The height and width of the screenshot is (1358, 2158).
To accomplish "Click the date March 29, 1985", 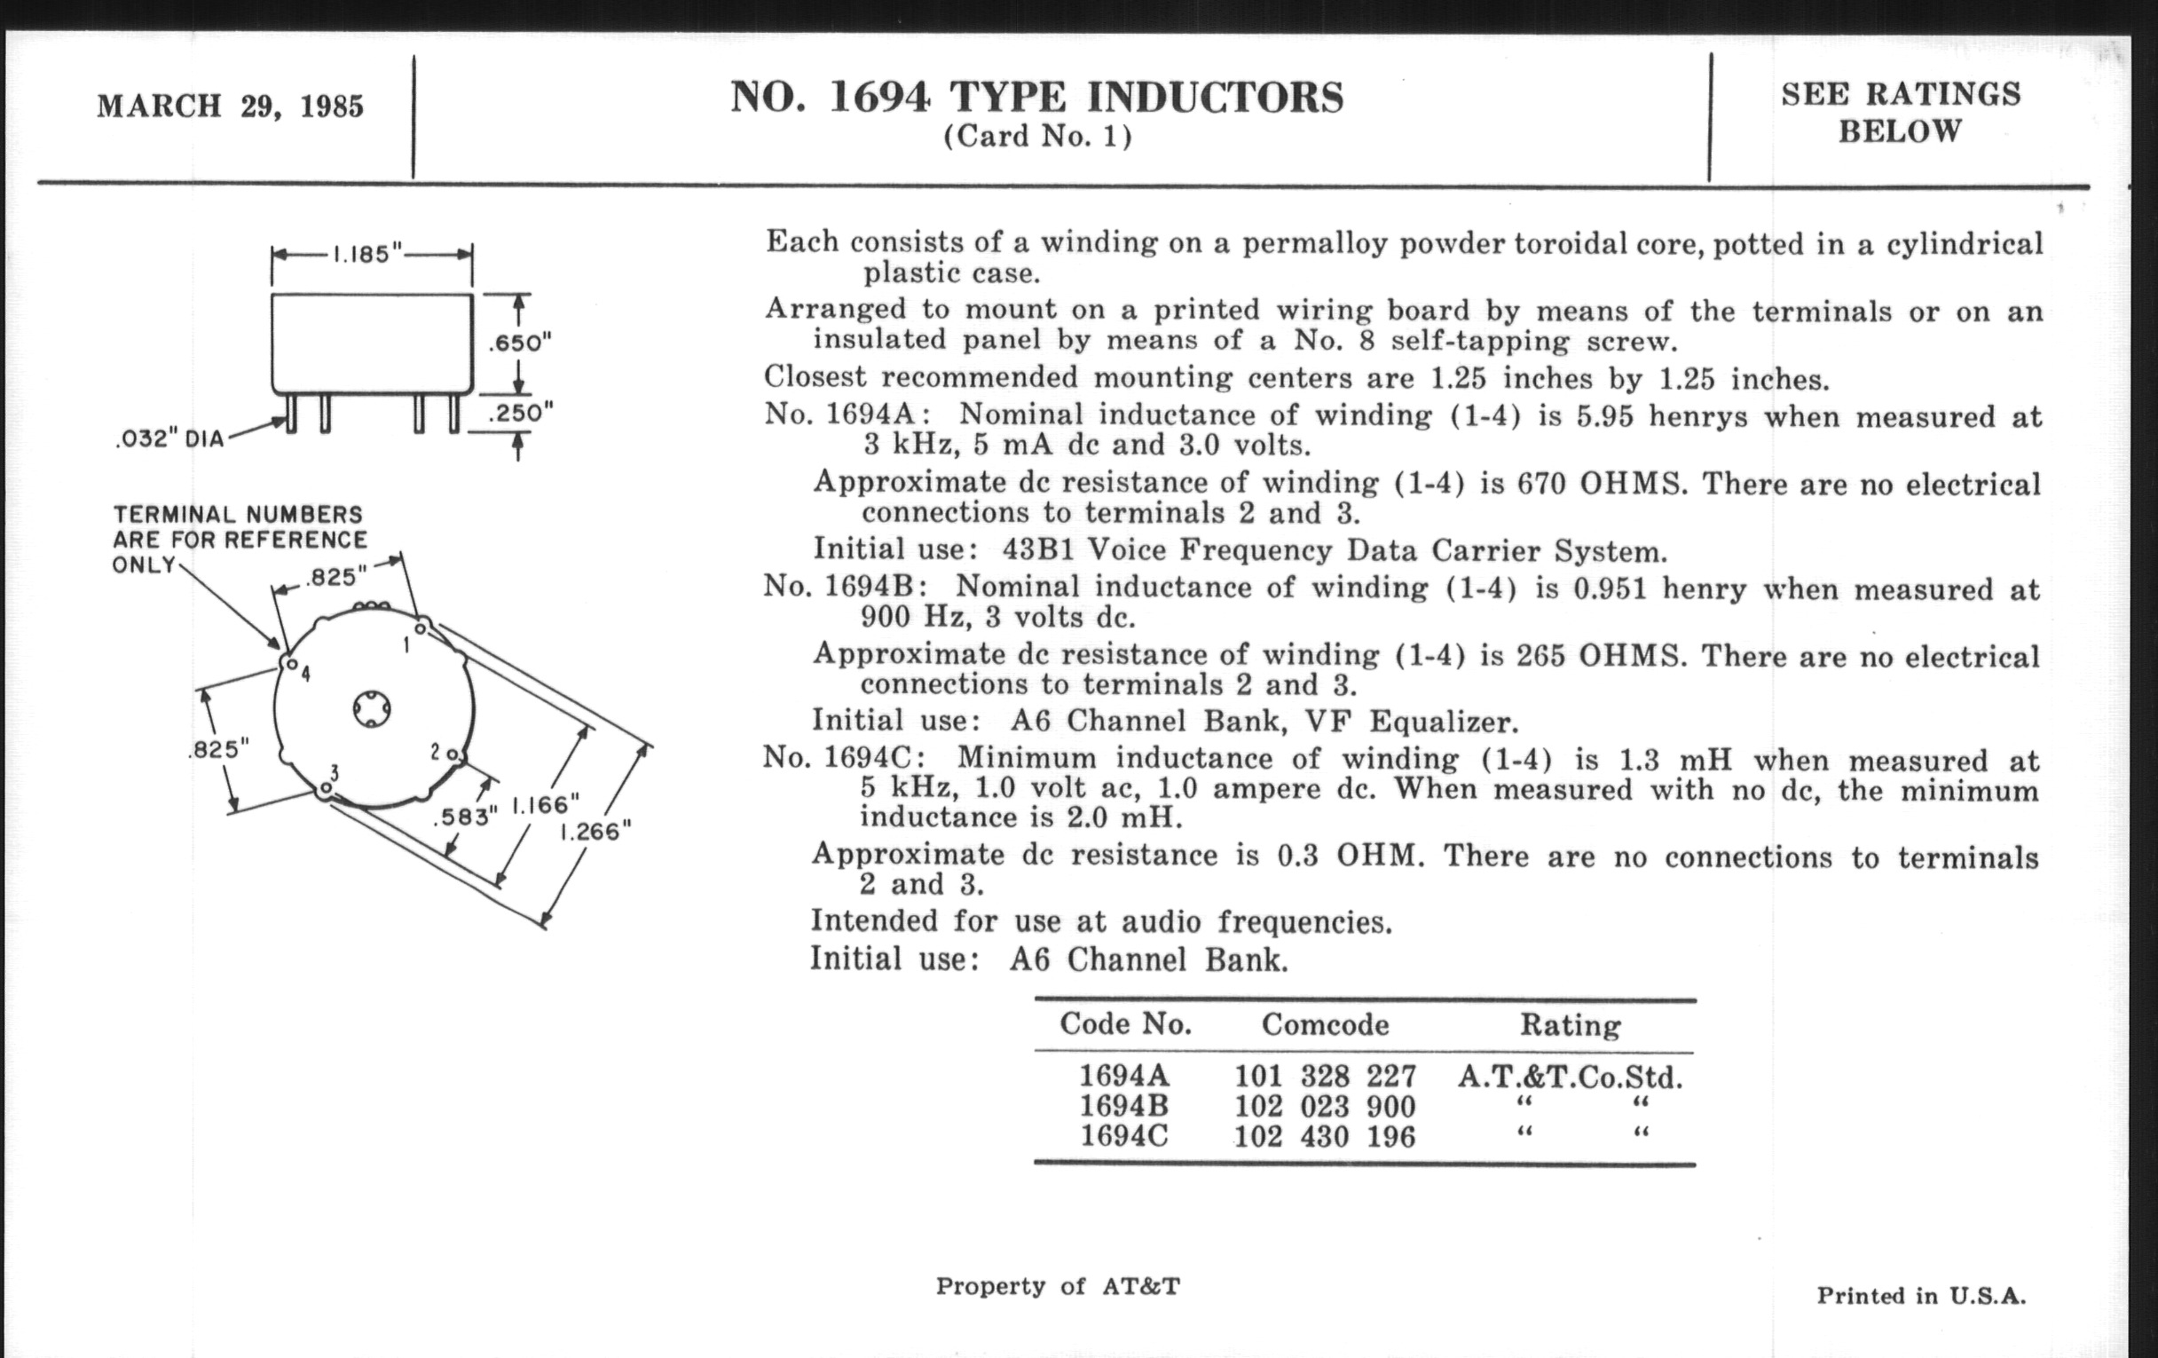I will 231,107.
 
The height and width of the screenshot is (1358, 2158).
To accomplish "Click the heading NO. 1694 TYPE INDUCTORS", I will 1037,97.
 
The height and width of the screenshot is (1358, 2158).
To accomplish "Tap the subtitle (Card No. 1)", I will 1037,137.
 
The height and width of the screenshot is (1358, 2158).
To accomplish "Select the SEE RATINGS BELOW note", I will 1900,113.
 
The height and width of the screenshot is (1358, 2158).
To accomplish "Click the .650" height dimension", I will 519,343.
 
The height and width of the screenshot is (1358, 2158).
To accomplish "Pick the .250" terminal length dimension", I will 520,414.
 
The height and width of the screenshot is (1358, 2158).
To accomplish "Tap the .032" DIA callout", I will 169,440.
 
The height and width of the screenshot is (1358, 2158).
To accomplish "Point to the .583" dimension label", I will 465,817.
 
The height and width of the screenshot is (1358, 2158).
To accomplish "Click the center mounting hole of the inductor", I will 371,709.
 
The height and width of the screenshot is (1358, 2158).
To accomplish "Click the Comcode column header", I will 1325,1024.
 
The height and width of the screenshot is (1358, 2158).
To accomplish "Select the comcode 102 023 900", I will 1325,1106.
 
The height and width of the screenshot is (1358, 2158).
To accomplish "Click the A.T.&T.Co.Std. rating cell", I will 1570,1076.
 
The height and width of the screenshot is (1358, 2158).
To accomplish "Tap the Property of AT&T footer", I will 1058,1286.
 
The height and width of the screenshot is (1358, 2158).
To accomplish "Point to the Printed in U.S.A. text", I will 1920,1296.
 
